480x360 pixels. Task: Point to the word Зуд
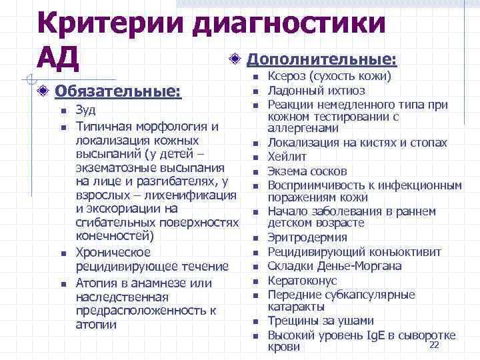point(85,111)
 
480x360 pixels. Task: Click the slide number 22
point(435,344)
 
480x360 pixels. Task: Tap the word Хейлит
point(287,157)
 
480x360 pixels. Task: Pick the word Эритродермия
point(307,237)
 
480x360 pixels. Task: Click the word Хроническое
point(113,253)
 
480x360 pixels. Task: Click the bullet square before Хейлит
point(255,157)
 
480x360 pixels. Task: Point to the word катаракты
point(297,307)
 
